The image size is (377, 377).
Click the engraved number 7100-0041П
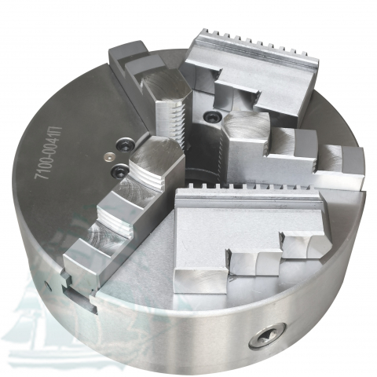click(49, 153)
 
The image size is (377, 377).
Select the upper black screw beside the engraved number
click(125, 144)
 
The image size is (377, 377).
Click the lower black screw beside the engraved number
click(119, 170)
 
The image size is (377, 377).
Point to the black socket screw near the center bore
click(211, 116)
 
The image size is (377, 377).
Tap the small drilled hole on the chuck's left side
click(47, 286)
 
